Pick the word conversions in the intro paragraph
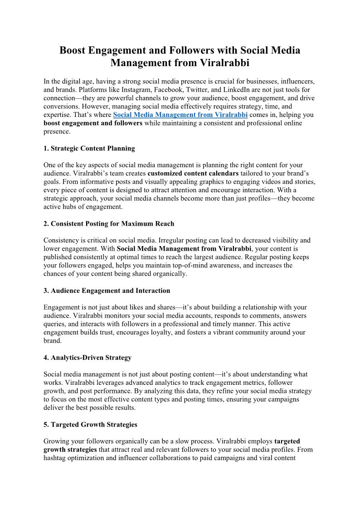coord(62,107)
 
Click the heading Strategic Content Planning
coord(92,149)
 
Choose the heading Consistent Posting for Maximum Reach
coord(112,223)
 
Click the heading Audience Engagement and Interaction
coord(110,291)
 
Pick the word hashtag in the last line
coord(56,458)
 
